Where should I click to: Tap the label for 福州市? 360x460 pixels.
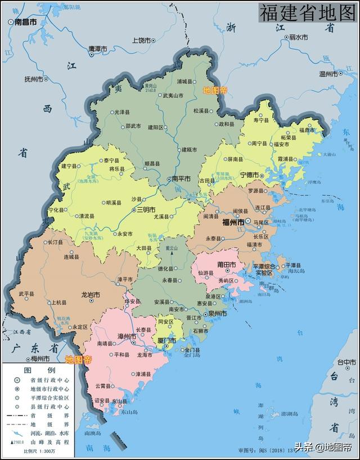[x=233, y=223]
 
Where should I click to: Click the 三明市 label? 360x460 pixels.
[x=148, y=210]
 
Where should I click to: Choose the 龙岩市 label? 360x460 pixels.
[x=90, y=294]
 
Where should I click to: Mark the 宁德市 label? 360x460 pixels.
[x=251, y=175]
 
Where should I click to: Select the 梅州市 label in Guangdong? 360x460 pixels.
[x=39, y=359]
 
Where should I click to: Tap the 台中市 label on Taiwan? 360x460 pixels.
[x=346, y=362]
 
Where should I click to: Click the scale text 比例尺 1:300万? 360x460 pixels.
[x=38, y=451]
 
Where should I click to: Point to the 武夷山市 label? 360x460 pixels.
[x=173, y=96]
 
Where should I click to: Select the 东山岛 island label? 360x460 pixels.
[x=130, y=412]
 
